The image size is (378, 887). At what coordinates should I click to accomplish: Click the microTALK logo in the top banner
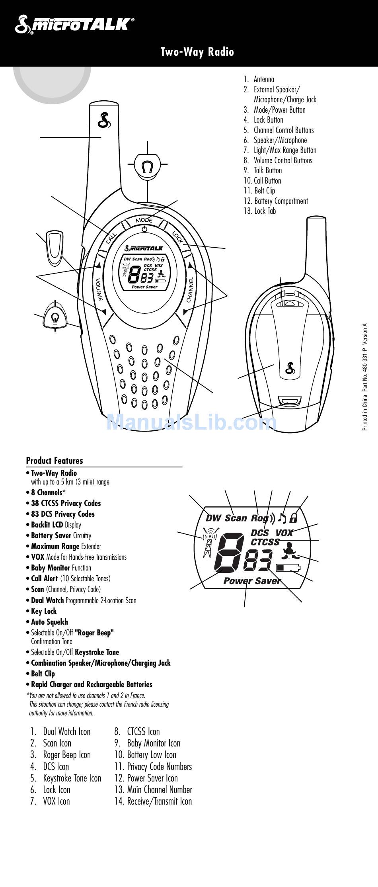coord(74,25)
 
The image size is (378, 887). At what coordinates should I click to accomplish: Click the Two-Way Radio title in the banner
coord(197,52)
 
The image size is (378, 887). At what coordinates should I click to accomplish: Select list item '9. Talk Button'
coord(263,170)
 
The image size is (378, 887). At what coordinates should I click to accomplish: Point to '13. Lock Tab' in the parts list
coord(260,211)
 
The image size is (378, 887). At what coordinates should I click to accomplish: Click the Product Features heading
coord(55,461)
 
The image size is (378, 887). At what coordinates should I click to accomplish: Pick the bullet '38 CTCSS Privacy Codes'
coord(66,503)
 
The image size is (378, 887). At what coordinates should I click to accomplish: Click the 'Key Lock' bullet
coord(44,611)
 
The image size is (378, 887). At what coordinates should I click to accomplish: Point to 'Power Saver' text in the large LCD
coord(252,581)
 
